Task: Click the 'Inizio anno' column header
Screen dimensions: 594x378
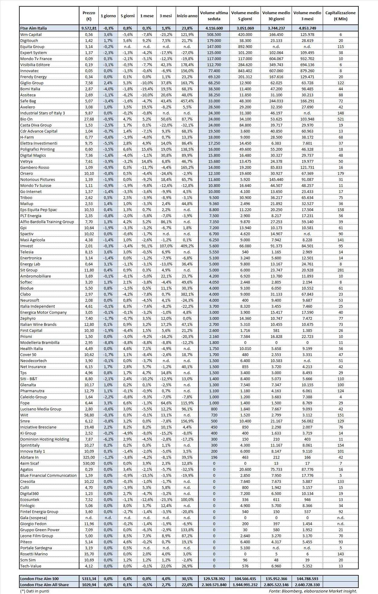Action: [187, 16]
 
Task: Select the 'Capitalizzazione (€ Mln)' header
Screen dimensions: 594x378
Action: [340, 16]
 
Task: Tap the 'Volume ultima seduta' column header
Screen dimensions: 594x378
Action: [214, 16]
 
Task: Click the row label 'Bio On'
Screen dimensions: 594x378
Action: [27, 119]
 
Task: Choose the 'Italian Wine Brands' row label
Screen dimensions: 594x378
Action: [38, 324]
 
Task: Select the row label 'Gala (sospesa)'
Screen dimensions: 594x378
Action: [34, 518]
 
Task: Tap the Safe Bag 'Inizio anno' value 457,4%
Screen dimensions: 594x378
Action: [187, 101]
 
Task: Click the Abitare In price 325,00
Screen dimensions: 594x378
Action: [89, 457]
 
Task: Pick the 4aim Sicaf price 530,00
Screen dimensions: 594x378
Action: [89, 463]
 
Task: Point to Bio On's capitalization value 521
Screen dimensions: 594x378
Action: [341, 119]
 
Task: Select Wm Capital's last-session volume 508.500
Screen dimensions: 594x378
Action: [214, 34]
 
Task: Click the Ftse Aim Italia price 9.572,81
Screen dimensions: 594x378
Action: [89, 28]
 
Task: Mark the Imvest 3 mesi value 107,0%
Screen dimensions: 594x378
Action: [165, 246]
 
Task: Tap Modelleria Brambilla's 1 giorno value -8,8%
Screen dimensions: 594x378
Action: [108, 342]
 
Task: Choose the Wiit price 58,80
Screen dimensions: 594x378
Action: [89, 415]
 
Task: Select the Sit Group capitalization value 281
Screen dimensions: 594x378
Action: [341, 270]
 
